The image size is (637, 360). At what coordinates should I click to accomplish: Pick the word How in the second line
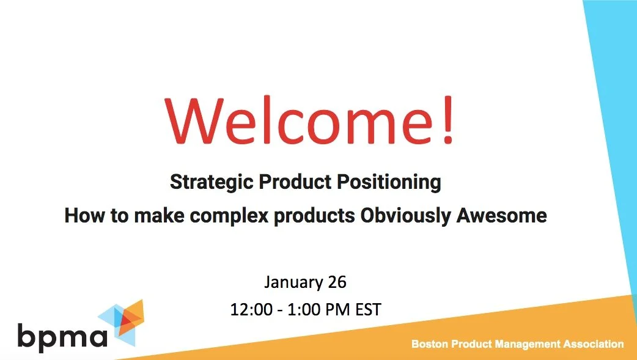(x=81, y=216)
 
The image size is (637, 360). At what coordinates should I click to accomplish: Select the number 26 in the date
(x=337, y=282)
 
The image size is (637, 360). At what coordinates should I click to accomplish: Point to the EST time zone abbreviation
(x=367, y=309)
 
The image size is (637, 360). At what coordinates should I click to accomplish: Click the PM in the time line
(x=336, y=309)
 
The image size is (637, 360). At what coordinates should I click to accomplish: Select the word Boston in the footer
(x=430, y=344)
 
